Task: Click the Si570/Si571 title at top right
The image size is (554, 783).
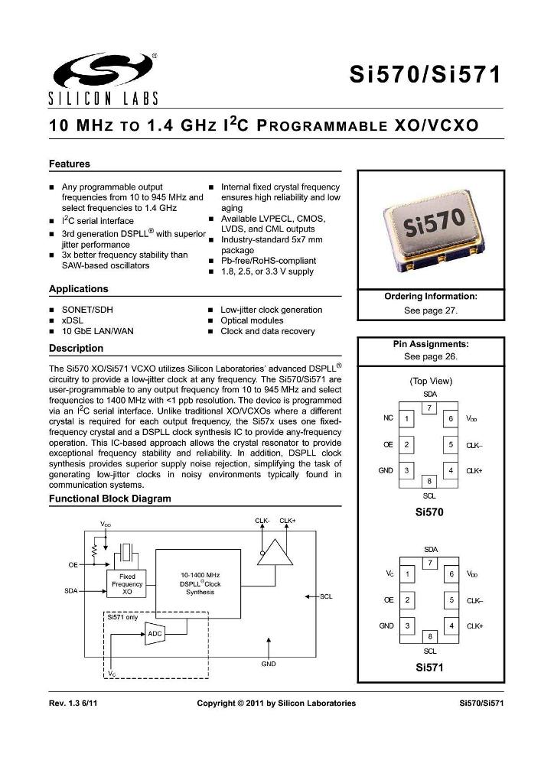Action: click(425, 75)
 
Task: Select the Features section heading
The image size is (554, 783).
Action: click(70, 164)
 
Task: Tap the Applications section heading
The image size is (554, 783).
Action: click(78, 289)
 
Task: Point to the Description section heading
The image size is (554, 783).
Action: click(76, 348)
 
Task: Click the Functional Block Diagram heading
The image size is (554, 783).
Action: click(109, 499)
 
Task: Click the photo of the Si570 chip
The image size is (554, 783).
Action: click(432, 230)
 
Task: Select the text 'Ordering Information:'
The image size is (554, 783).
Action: click(430, 296)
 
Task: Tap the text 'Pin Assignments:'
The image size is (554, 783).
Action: click(430, 344)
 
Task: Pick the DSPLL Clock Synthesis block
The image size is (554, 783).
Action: click(200, 583)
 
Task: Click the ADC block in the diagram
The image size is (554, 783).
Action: click(155, 633)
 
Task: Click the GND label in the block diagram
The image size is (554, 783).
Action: click(268, 664)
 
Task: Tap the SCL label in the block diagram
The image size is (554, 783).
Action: click(326, 596)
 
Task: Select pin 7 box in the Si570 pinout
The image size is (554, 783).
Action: click(430, 408)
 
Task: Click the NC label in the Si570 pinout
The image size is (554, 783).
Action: click(388, 418)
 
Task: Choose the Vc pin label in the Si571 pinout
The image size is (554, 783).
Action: click(389, 573)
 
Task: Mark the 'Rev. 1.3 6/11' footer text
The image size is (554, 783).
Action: click(73, 703)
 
